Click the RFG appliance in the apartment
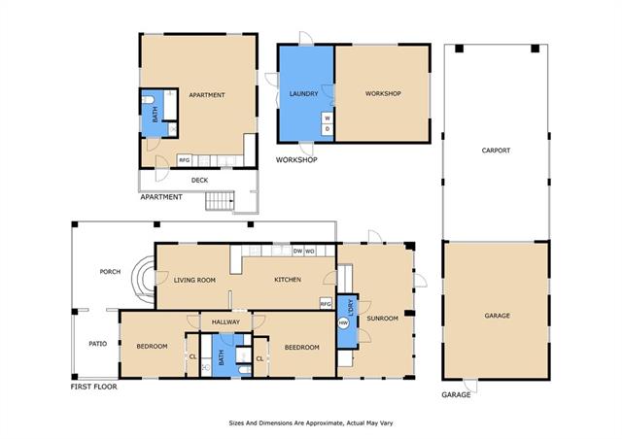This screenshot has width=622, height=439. click(x=185, y=160)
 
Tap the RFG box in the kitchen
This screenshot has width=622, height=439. click(x=326, y=304)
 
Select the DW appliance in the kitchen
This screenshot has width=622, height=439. click(x=297, y=251)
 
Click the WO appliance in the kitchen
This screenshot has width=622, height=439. click(x=310, y=251)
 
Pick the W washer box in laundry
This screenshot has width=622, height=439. click(x=328, y=118)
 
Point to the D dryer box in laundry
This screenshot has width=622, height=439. click(x=328, y=129)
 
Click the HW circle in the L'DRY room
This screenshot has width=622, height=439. click(x=343, y=323)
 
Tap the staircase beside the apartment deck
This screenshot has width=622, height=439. click(x=220, y=201)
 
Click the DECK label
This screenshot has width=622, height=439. click(x=199, y=180)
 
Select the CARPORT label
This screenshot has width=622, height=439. click(x=496, y=151)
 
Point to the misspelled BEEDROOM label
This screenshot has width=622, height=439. click(x=302, y=348)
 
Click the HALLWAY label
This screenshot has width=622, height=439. click(x=225, y=322)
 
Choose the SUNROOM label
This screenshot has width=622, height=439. click(x=382, y=318)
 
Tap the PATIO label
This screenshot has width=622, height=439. click(x=97, y=344)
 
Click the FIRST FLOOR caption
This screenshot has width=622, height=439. click(x=94, y=387)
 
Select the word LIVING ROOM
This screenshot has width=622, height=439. click(x=194, y=280)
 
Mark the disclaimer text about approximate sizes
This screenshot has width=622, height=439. click(x=311, y=423)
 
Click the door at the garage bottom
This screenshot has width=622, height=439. click(x=470, y=386)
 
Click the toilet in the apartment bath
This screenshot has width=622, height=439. click(x=147, y=99)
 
